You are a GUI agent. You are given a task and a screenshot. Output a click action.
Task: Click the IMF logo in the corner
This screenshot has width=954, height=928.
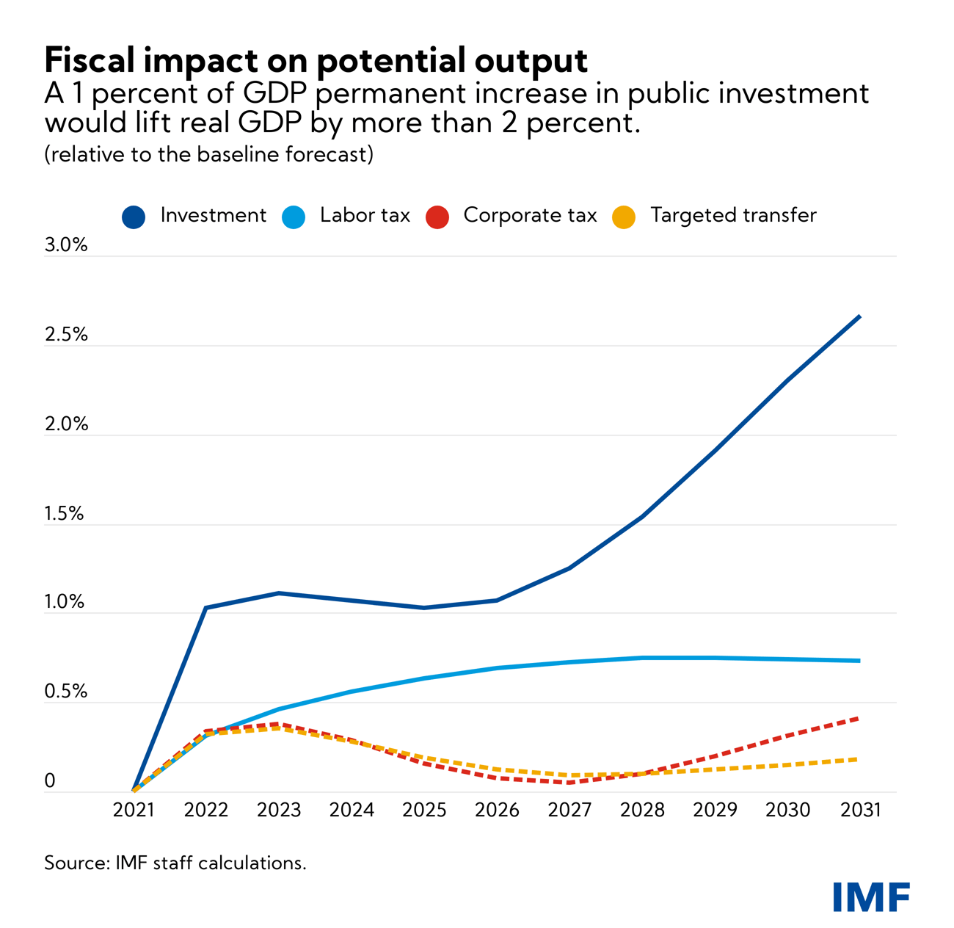(871, 896)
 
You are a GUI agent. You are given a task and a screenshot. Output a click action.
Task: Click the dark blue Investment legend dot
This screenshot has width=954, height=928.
(134, 217)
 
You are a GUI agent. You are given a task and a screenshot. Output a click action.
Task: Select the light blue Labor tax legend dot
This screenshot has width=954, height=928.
(294, 217)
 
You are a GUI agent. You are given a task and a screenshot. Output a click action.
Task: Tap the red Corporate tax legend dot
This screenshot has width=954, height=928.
(437, 217)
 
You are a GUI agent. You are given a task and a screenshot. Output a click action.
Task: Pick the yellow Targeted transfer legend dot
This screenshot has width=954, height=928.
(624, 217)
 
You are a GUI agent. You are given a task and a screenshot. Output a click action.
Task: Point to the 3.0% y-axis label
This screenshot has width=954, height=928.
(66, 245)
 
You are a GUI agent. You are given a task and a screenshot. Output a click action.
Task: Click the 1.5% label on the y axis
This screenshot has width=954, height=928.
(65, 514)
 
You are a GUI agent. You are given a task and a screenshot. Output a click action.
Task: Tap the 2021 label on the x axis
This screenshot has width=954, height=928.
(134, 810)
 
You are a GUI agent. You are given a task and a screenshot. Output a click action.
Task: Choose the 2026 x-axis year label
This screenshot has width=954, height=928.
(497, 810)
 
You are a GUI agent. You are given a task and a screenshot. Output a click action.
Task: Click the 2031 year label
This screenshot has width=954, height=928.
(860, 810)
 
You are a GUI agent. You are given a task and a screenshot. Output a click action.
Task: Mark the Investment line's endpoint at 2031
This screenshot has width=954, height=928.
(859, 316)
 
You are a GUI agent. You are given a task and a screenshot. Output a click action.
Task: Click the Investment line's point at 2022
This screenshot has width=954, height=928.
(206, 608)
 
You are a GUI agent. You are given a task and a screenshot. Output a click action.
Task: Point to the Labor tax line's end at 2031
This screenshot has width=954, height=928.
(859, 661)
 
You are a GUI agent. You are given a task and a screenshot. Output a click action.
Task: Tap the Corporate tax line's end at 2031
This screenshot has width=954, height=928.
(858, 718)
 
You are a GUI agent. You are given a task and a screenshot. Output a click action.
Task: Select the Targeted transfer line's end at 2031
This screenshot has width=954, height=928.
(858, 759)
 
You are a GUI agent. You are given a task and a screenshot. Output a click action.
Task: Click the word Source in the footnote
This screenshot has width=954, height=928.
(75, 863)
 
